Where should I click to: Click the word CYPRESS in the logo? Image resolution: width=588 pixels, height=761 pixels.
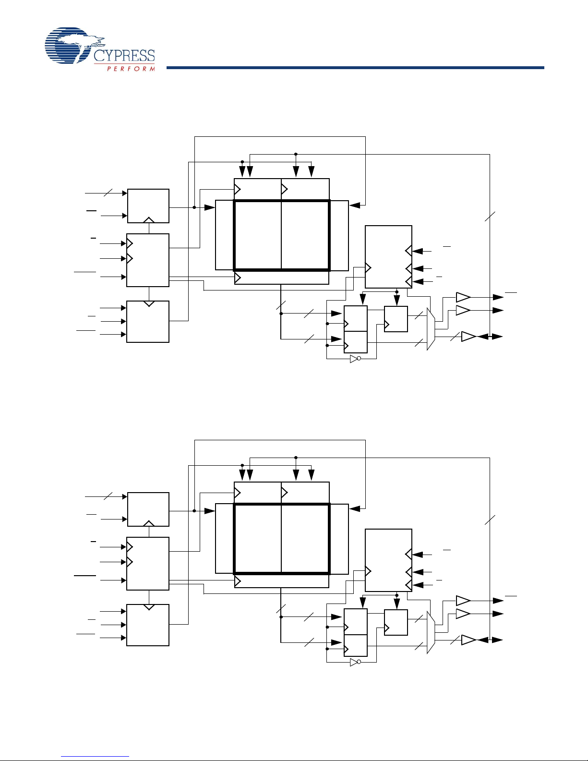[x=124, y=56]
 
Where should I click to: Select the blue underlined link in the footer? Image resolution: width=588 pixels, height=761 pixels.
[x=95, y=757]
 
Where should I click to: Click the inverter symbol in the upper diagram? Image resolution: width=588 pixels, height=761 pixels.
[x=355, y=359]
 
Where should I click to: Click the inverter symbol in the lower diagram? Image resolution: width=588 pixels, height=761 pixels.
[x=355, y=662]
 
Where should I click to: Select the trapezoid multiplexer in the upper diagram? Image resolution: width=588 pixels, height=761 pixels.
[x=431, y=329]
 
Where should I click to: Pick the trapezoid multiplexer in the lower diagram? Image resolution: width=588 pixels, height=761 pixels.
[x=431, y=632]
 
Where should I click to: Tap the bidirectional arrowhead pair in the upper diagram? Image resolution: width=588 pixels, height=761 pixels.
[x=490, y=337]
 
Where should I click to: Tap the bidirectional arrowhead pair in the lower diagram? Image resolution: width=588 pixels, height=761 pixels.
[x=490, y=640]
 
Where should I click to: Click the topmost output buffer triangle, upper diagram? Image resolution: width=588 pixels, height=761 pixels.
[x=463, y=297]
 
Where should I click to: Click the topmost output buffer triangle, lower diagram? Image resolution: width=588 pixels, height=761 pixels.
[x=463, y=601]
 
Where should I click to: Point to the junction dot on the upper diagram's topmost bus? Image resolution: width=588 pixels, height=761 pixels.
[x=296, y=154]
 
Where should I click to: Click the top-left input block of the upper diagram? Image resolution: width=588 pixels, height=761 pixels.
[x=148, y=206]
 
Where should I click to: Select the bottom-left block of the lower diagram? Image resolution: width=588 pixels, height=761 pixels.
[x=148, y=625]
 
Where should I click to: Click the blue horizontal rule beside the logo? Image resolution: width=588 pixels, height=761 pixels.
[x=355, y=68]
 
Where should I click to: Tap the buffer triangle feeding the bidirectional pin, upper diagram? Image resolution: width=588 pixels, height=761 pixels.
[x=468, y=337]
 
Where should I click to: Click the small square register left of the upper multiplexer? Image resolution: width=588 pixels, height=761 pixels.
[x=396, y=319]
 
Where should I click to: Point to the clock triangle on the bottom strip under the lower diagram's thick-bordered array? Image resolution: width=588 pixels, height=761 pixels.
[x=238, y=582]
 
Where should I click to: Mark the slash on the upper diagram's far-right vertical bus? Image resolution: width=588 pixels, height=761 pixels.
[x=490, y=217]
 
